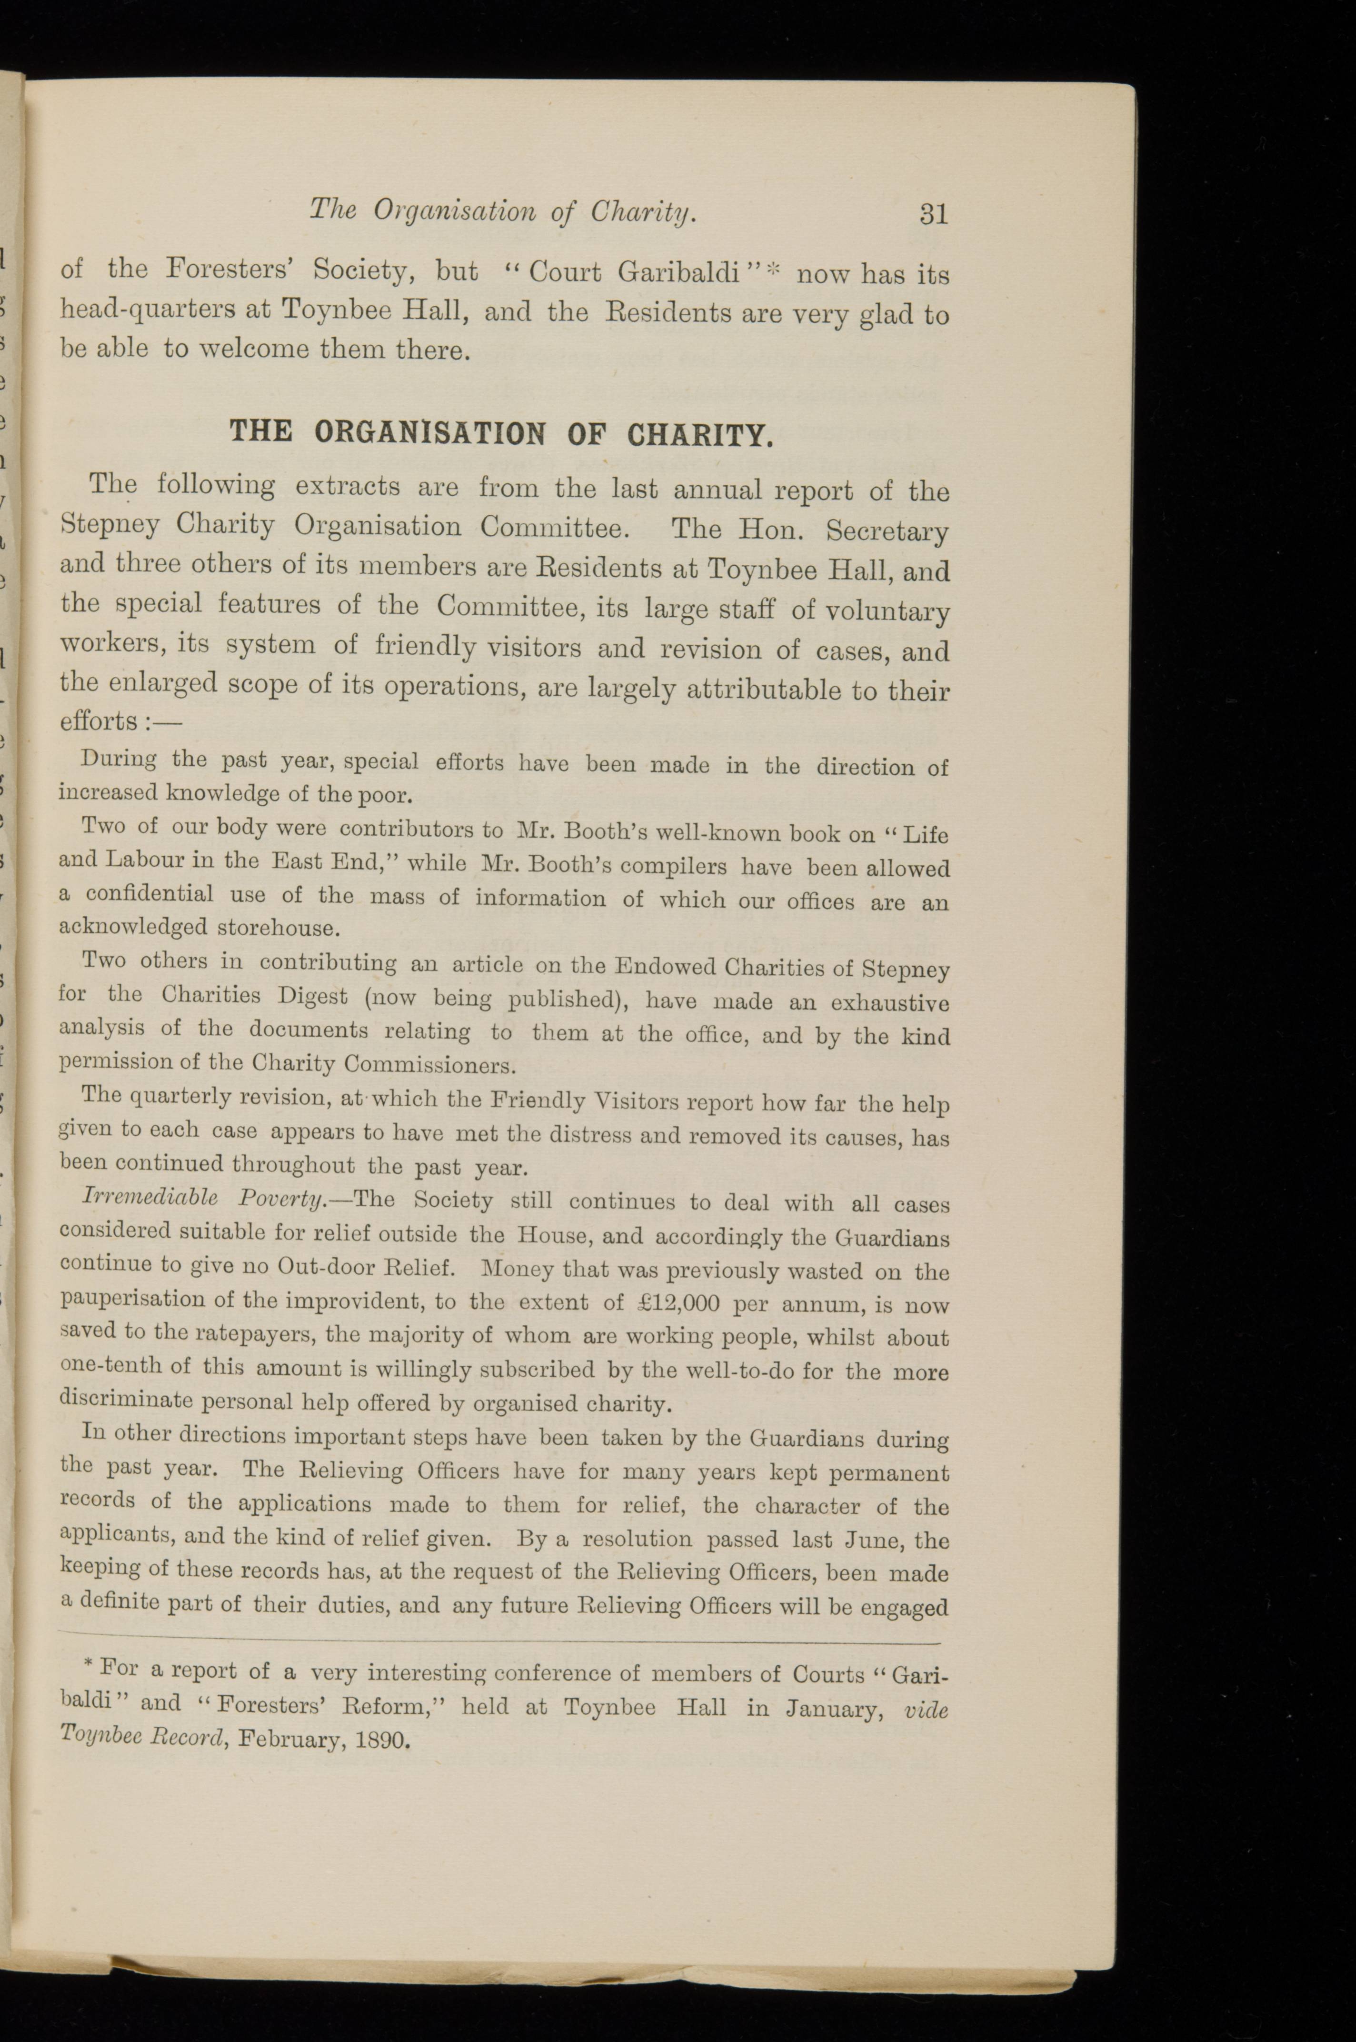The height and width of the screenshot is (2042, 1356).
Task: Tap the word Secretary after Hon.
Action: click(887, 530)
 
